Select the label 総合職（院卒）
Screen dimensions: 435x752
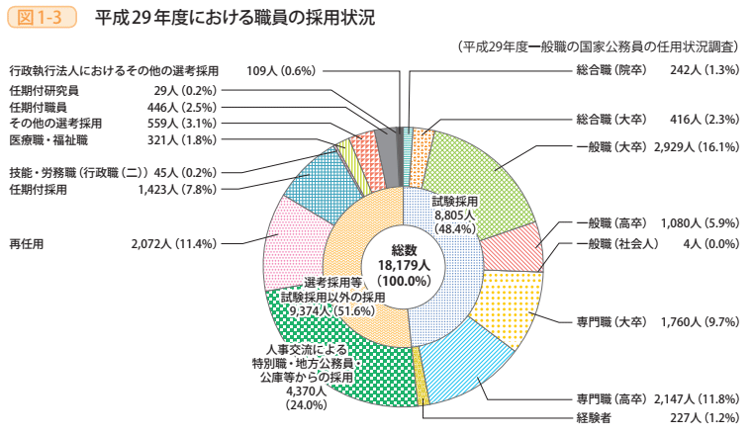coord(611,70)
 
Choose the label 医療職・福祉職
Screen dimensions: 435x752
coord(48,140)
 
